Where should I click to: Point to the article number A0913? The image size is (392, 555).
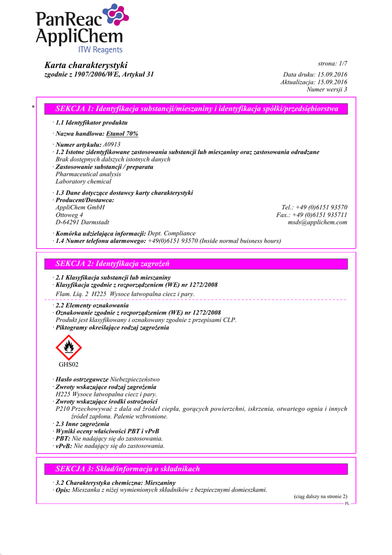tap(111, 145)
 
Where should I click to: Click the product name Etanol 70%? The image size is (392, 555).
tap(122, 133)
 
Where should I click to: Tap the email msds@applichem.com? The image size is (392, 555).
tap(317, 222)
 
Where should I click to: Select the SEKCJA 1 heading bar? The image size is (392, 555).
tap(197, 109)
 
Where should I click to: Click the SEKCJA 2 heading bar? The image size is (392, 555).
tap(197, 264)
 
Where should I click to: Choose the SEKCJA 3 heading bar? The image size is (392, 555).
tap(197, 469)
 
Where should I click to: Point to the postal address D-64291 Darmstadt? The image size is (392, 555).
tap(82, 222)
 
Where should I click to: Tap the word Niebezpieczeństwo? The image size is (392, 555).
tap(135, 379)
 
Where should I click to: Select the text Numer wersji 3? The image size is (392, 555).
tap(327, 89)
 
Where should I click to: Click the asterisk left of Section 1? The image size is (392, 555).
tap(33, 108)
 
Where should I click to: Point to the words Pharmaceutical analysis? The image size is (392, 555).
tap(88, 175)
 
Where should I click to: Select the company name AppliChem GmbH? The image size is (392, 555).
tap(80, 207)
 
